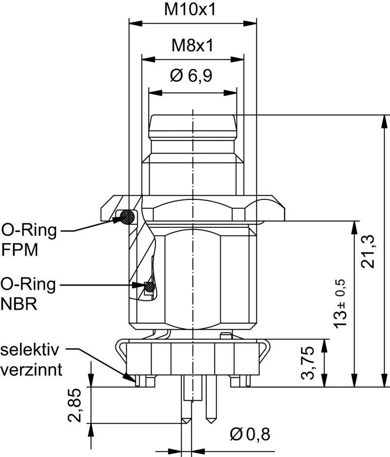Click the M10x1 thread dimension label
point(192,10)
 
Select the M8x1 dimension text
point(192,46)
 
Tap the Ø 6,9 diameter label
point(192,76)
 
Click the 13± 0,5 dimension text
point(340,303)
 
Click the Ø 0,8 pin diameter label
point(250,434)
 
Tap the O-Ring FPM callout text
point(28,239)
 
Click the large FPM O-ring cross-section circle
point(128,217)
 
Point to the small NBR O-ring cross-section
point(150,288)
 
